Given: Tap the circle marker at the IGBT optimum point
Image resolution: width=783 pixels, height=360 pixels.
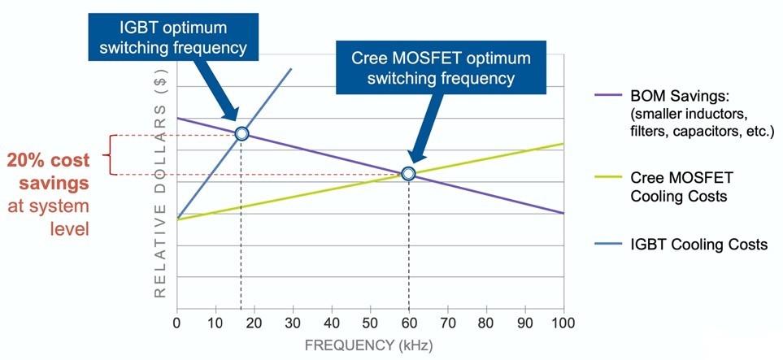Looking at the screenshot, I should click(x=241, y=133).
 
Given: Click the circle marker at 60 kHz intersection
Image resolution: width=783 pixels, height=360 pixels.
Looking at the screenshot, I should click(x=408, y=173).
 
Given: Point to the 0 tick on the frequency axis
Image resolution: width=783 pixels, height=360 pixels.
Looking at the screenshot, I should click(x=176, y=323).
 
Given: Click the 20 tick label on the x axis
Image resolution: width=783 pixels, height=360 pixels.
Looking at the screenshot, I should click(x=254, y=323).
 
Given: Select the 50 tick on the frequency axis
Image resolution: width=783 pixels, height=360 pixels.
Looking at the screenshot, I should click(x=370, y=323).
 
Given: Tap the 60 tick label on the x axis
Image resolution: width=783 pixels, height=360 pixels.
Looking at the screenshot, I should click(x=409, y=323).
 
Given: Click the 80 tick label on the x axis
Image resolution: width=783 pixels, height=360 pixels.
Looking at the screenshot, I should click(x=486, y=323).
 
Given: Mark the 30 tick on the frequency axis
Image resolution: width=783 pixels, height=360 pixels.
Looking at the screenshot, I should click(x=293, y=323).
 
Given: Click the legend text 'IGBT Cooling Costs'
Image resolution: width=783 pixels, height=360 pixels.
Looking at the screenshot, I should click(x=698, y=245).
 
